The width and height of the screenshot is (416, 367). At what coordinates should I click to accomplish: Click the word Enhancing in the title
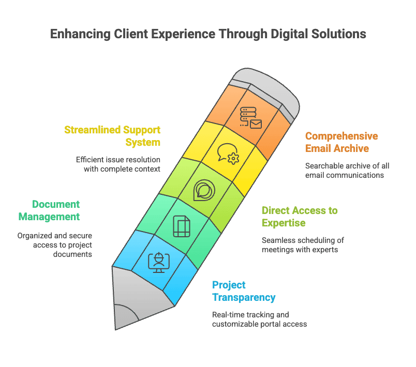pyautogui.click(x=80, y=34)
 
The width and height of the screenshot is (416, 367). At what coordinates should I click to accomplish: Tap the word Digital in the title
pyautogui.click(x=289, y=34)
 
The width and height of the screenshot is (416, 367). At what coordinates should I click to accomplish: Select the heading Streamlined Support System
pyautogui.click(x=112, y=136)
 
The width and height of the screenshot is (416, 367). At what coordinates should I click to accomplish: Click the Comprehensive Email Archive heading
pyautogui.click(x=341, y=142)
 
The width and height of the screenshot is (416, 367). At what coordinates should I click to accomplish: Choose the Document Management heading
pyautogui.click(x=49, y=210)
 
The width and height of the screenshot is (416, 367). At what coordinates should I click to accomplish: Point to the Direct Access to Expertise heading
pyautogui.click(x=300, y=217)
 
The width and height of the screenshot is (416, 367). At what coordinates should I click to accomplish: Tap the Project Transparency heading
pyautogui.click(x=244, y=291)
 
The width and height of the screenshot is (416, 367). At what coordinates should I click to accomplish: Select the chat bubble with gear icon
pyautogui.click(x=228, y=154)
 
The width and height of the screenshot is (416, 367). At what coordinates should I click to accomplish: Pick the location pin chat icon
pyautogui.click(x=204, y=190)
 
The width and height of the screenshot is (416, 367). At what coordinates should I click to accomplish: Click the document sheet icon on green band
pyautogui.click(x=182, y=226)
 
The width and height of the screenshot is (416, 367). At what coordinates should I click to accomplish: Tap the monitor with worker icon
pyautogui.click(x=159, y=263)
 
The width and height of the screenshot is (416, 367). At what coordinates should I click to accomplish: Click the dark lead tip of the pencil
pyautogui.click(x=125, y=318)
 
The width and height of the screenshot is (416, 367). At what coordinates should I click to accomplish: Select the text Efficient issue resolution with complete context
pyautogui.click(x=118, y=164)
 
